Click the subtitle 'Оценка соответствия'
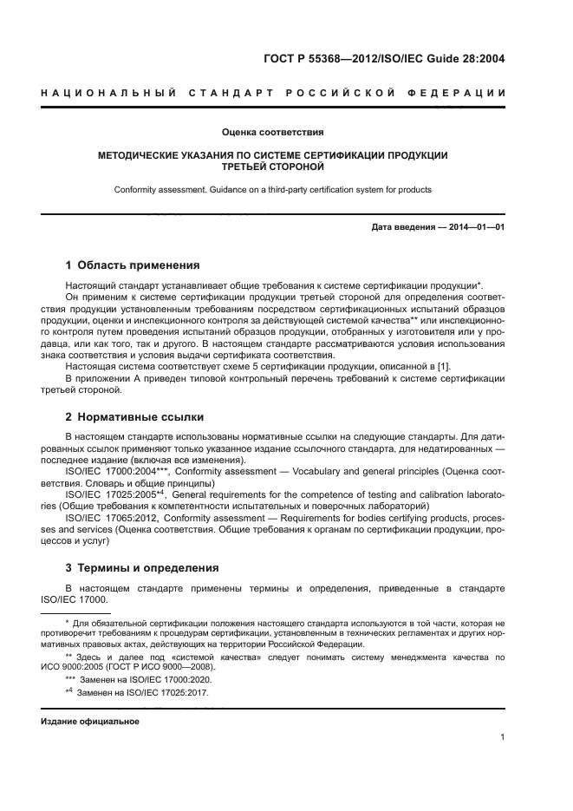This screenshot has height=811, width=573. tap(272, 133)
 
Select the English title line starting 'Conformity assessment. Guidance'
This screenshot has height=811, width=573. tap(271, 189)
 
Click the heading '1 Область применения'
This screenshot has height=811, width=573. tap(133, 265)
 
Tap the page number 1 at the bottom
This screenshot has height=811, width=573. tap(502, 737)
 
